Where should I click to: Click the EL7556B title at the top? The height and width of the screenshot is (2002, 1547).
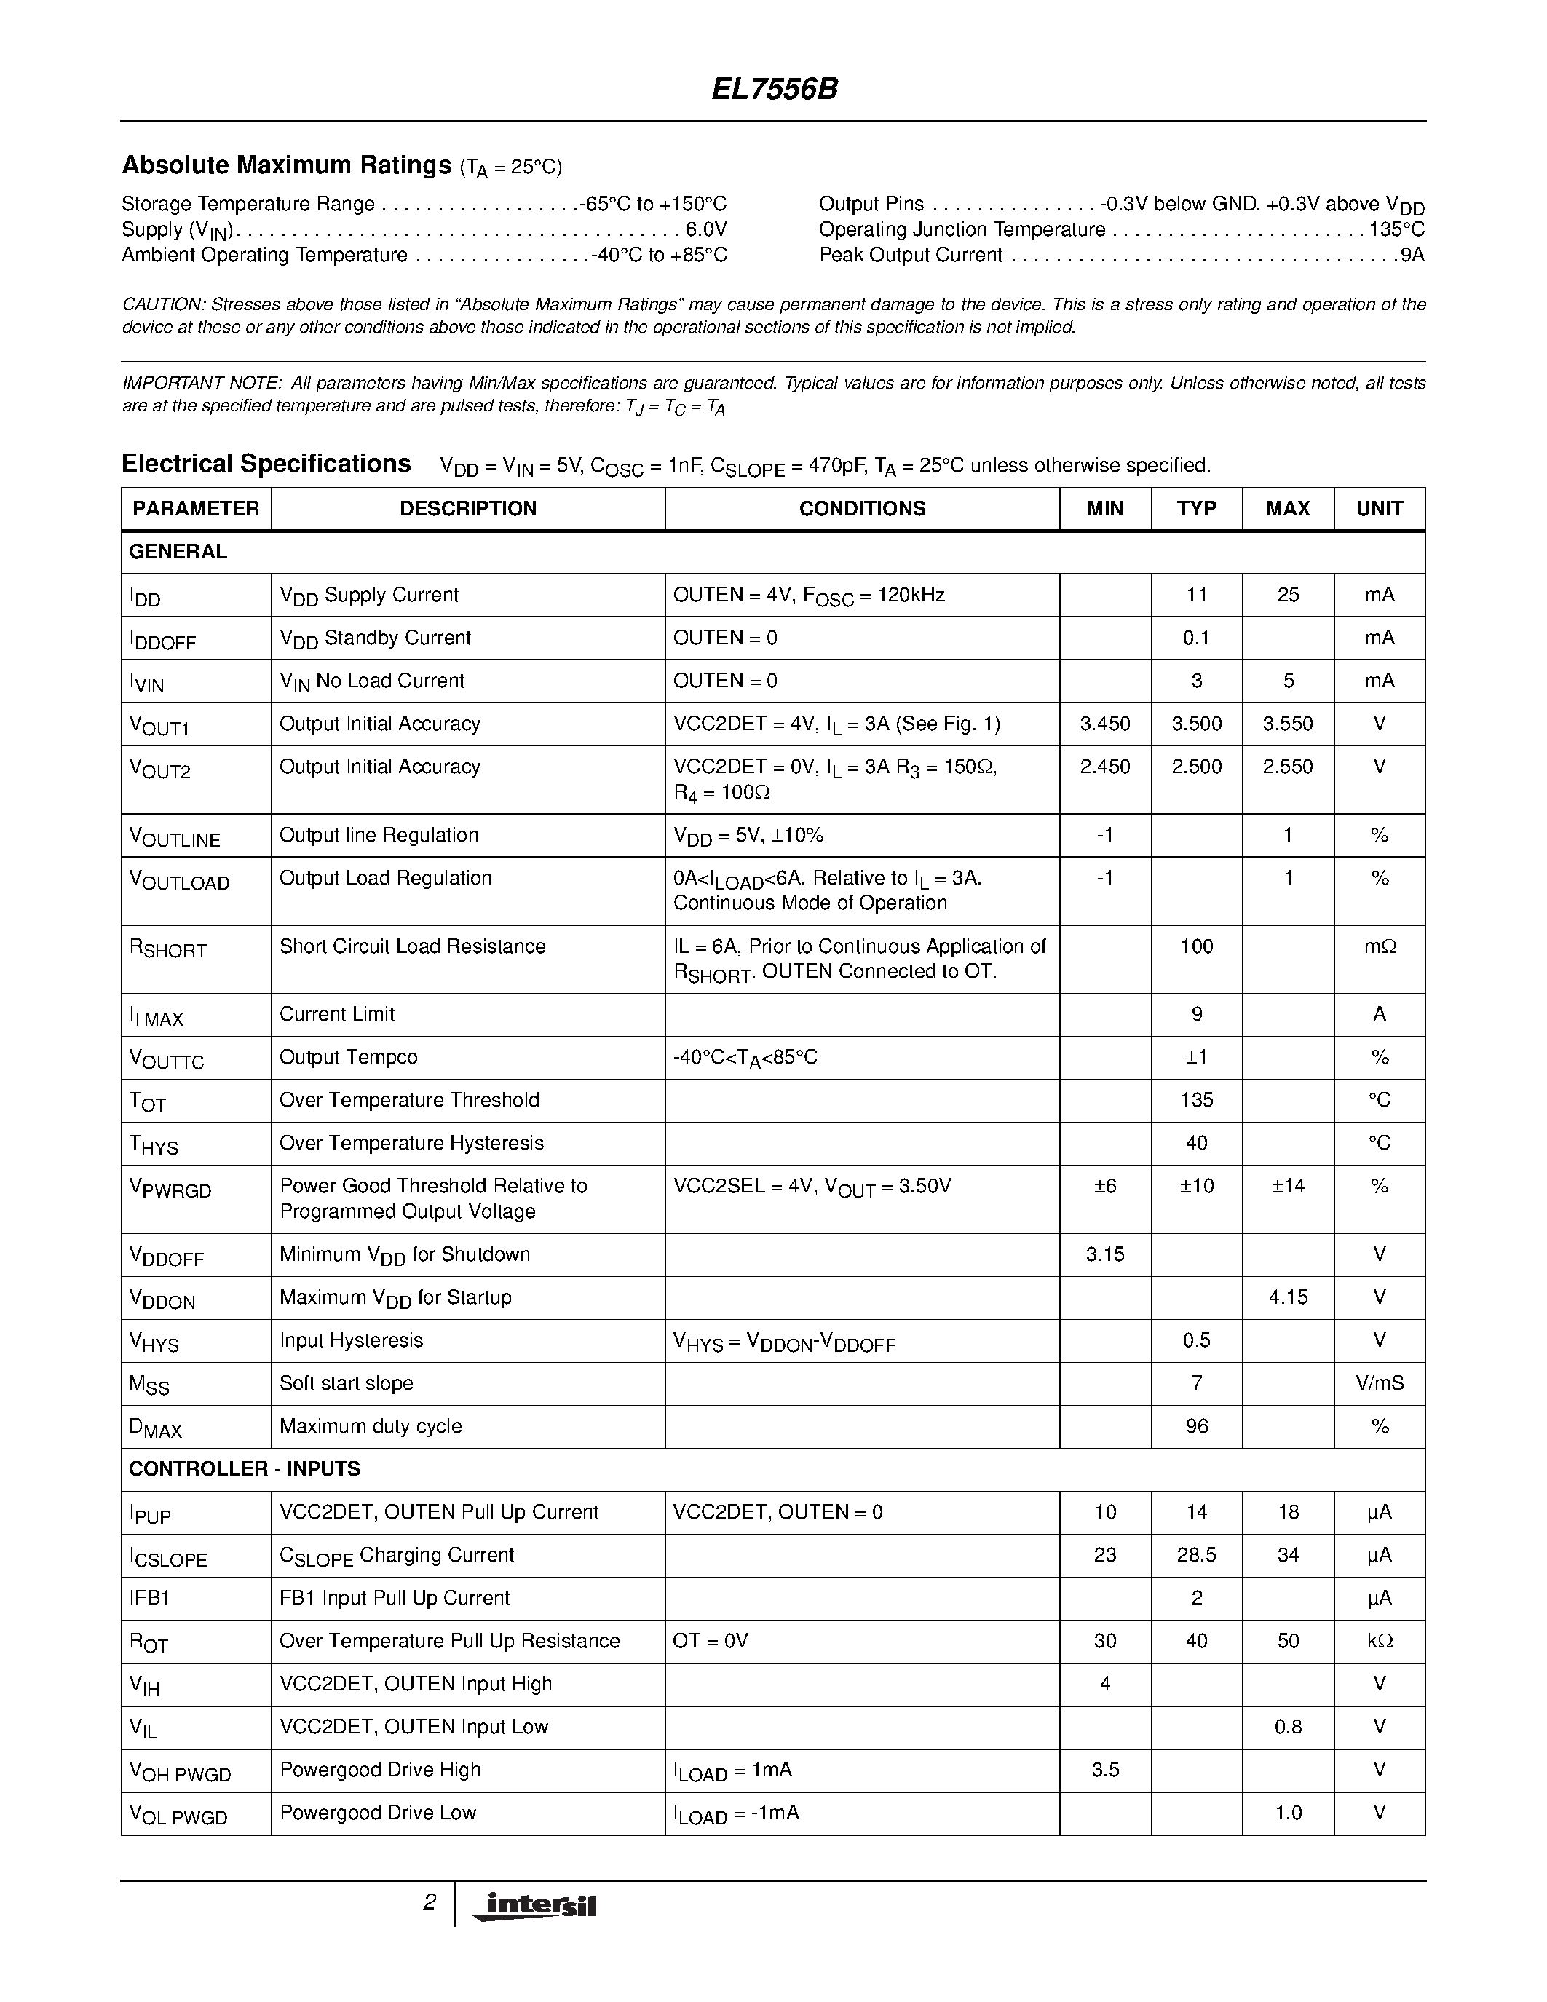(775, 89)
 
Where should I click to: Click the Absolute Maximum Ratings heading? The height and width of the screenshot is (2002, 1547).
(286, 165)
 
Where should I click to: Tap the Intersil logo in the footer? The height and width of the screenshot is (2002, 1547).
(534, 1906)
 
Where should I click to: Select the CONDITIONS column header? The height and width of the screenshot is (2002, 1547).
(861, 509)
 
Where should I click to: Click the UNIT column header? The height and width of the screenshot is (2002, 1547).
(1380, 509)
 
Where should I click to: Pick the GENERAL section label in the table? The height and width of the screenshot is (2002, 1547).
(178, 552)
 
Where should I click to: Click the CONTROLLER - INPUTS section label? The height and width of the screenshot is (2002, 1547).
(245, 1468)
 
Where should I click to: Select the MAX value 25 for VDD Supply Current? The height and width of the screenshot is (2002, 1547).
(1288, 595)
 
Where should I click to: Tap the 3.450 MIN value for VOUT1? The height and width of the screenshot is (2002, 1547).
(1104, 724)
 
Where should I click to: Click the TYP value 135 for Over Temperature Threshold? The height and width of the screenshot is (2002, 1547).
(1196, 1100)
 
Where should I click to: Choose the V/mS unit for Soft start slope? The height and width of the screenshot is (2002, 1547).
(1380, 1383)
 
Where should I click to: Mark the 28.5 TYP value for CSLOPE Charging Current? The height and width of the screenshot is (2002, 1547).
(1196, 1555)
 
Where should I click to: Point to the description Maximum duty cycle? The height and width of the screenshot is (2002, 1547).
(371, 1426)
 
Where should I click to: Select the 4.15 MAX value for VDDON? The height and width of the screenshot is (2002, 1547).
(1288, 1297)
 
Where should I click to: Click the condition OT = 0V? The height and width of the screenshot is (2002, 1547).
(711, 1641)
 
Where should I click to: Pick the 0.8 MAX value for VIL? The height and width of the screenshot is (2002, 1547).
(1288, 1727)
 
